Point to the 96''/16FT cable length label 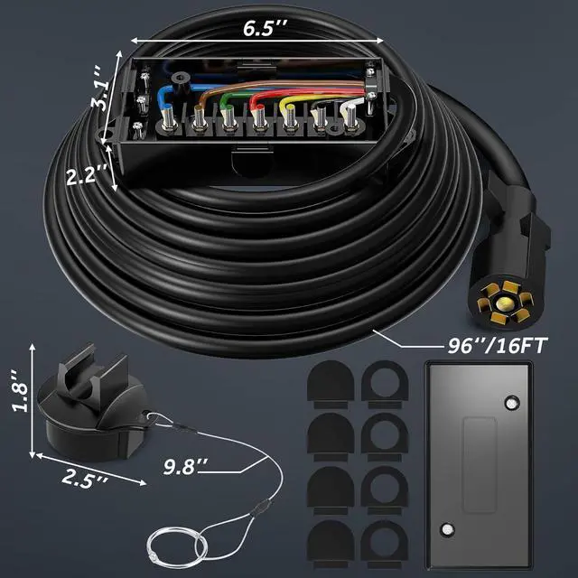507,344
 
